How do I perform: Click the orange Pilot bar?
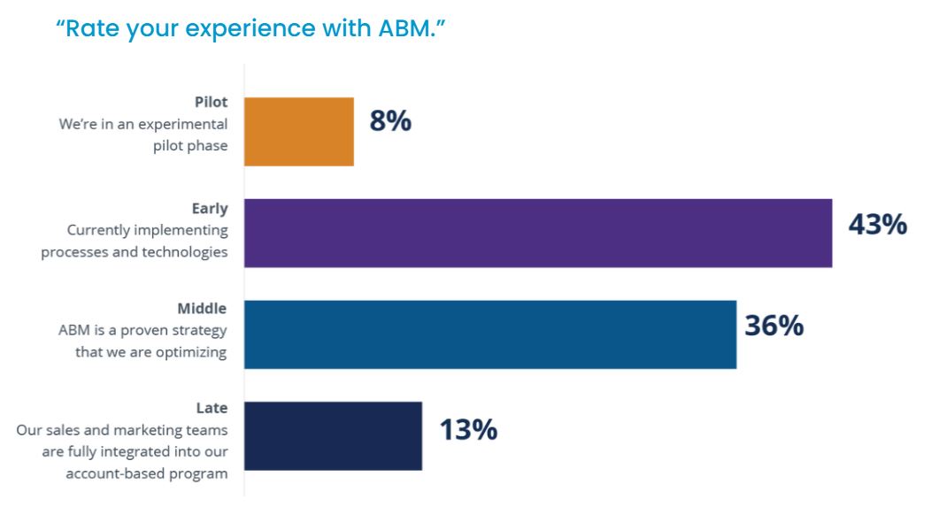(298, 132)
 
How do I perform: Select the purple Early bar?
(537, 233)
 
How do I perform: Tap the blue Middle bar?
(489, 334)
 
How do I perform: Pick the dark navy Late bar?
(333, 435)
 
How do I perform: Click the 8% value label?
(390, 121)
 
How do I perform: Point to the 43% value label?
(877, 225)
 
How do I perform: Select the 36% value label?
(773, 326)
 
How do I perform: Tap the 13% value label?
(468, 430)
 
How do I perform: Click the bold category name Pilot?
(211, 103)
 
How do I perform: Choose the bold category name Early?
(210, 209)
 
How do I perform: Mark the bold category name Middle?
(202, 309)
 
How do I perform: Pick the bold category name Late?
(212, 409)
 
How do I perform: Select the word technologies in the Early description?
(186, 251)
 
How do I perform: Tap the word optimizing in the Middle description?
(187, 352)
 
